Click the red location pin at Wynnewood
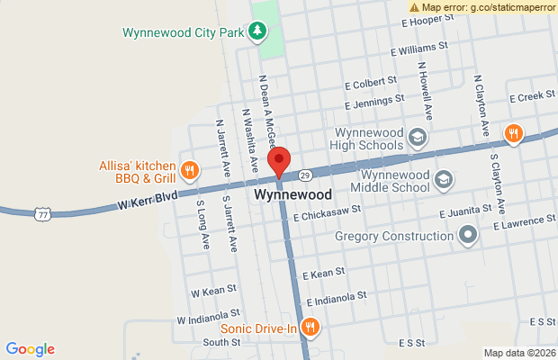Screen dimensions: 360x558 (280, 162)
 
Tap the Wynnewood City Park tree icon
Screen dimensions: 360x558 (258, 32)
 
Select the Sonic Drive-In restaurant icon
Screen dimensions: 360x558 (310, 328)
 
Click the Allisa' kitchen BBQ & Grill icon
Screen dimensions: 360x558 (189, 169)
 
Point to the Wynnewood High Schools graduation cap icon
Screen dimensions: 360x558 (416, 138)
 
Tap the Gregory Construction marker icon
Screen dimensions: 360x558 (467, 236)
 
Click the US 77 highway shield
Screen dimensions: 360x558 (42, 212)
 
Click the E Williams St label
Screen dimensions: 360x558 (419, 49)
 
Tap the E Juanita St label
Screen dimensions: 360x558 (465, 210)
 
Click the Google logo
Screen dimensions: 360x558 (30, 349)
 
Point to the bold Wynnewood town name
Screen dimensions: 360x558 (293, 194)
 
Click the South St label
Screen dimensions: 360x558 (221, 342)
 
